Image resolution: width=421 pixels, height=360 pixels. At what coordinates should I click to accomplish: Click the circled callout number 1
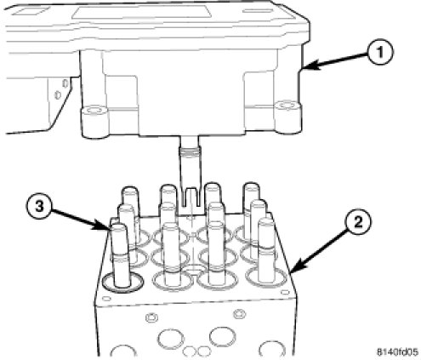point(380,53)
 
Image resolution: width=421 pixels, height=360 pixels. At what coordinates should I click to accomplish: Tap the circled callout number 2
point(358,222)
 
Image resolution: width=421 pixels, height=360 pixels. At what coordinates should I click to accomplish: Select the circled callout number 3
point(39,207)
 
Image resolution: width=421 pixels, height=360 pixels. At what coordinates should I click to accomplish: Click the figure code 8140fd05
point(397,352)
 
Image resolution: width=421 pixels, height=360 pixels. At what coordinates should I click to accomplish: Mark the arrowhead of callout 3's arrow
point(105,227)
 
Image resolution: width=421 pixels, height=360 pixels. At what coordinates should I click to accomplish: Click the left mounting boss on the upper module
point(94,122)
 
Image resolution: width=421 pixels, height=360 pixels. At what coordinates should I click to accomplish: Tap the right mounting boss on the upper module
point(288,117)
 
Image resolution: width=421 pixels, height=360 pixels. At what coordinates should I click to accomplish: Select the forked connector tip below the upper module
point(191,197)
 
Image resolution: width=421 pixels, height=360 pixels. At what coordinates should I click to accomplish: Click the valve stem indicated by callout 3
point(121,254)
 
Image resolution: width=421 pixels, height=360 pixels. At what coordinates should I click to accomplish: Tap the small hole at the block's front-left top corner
point(106,299)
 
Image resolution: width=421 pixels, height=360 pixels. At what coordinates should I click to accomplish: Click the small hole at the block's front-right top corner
point(285,292)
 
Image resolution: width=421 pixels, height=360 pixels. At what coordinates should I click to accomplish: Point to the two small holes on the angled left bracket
point(61,89)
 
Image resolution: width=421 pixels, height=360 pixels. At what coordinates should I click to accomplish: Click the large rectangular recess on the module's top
point(141,13)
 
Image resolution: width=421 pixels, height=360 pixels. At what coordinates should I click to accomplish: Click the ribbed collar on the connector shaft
point(191,152)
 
